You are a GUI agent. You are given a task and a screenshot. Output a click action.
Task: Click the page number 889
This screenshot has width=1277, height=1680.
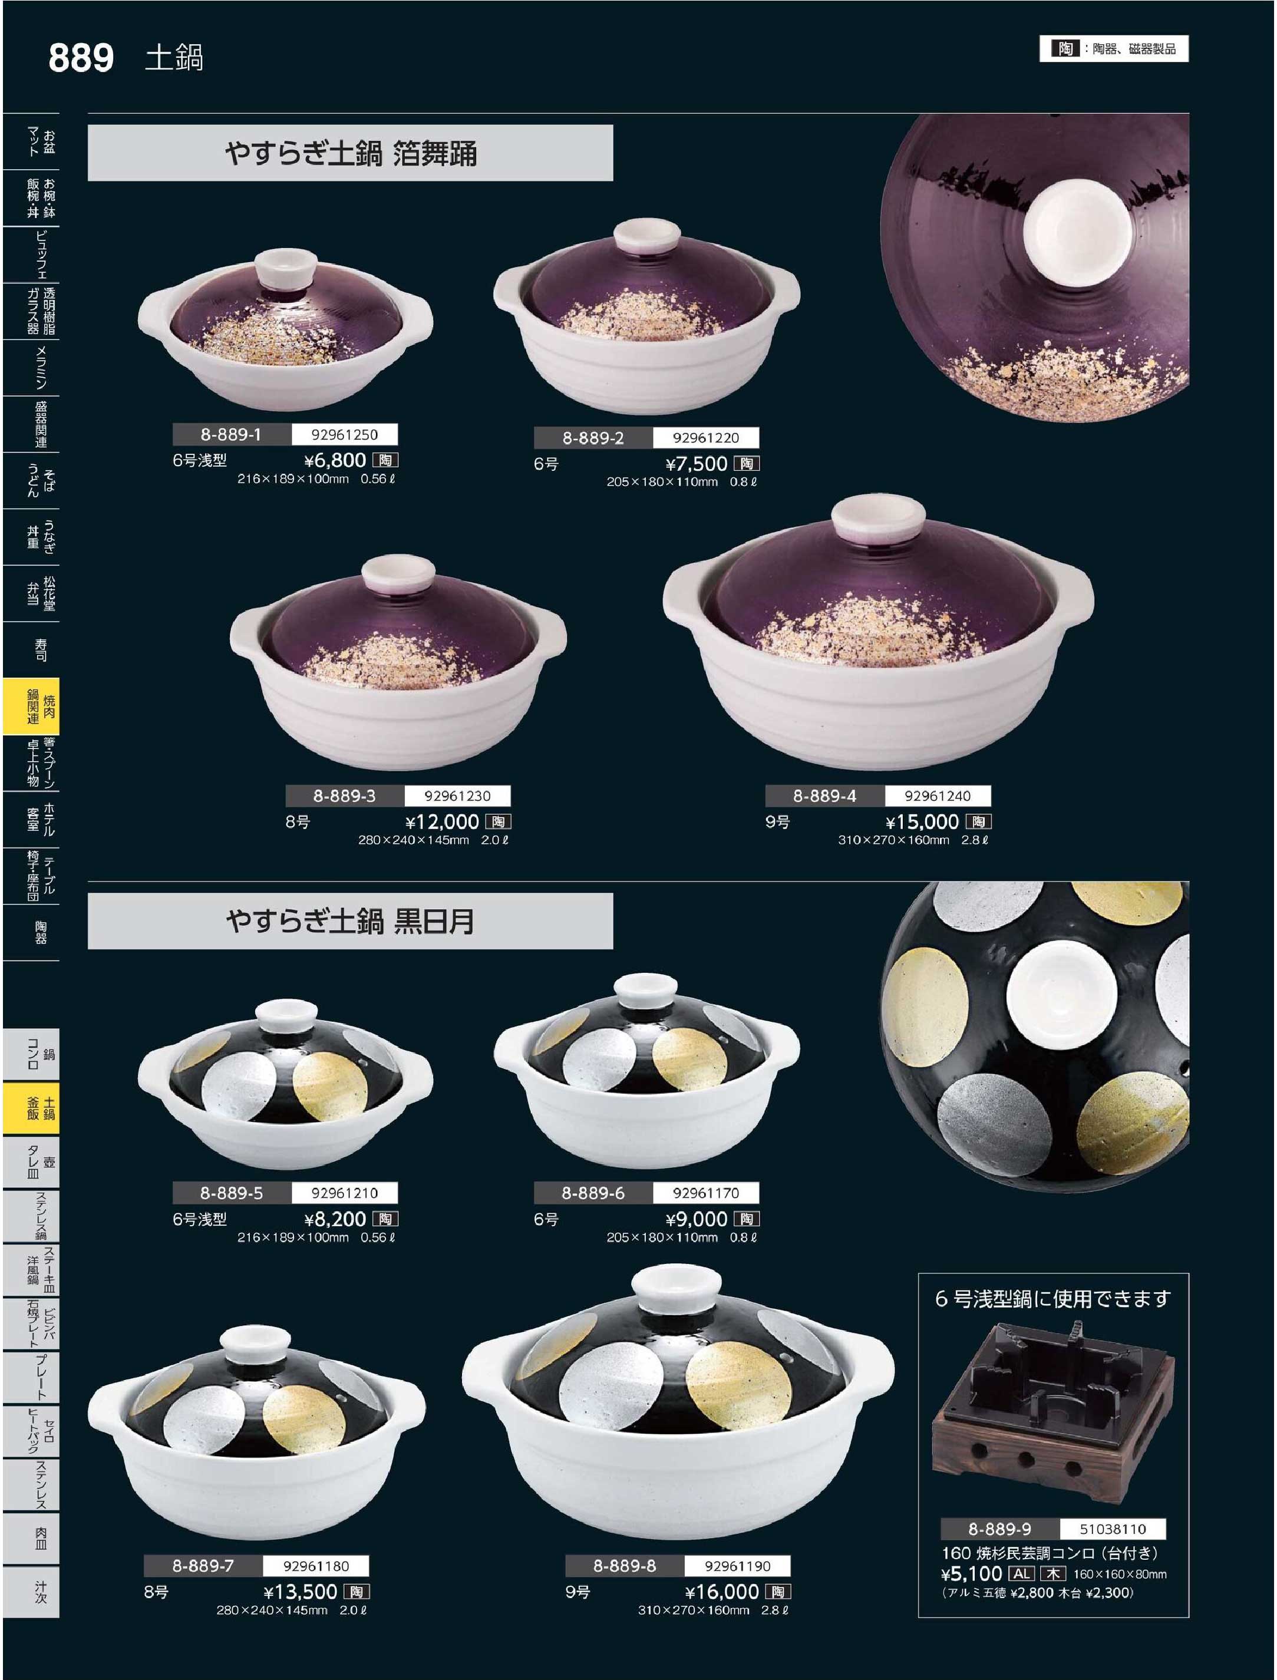pyautogui.click(x=81, y=58)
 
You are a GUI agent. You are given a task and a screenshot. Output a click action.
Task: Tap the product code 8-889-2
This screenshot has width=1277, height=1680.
pyautogui.click(x=593, y=438)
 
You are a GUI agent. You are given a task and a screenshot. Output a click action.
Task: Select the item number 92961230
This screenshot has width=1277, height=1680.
pyautogui.click(x=458, y=796)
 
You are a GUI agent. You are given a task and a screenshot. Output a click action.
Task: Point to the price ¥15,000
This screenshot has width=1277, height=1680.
pyautogui.click(x=922, y=822)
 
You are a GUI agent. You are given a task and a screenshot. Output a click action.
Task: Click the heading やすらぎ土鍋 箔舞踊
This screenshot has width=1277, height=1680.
pyautogui.click(x=351, y=154)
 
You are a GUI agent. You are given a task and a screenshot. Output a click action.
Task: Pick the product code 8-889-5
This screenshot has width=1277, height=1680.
pyautogui.click(x=231, y=1193)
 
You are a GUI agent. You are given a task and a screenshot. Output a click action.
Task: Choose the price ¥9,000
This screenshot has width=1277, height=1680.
pyautogui.click(x=697, y=1219)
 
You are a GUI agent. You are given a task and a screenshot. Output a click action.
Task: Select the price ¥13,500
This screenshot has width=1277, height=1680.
pyautogui.click(x=301, y=1592)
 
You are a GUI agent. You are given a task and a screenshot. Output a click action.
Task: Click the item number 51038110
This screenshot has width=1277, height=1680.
pyautogui.click(x=1113, y=1529)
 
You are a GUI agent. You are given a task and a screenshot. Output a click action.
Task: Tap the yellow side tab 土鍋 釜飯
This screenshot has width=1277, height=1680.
pyautogui.click(x=31, y=1108)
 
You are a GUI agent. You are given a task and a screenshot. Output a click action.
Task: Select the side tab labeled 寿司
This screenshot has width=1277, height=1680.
pyautogui.click(x=31, y=650)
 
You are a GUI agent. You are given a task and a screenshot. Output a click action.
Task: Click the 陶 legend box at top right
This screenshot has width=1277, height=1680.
pyautogui.click(x=1114, y=49)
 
